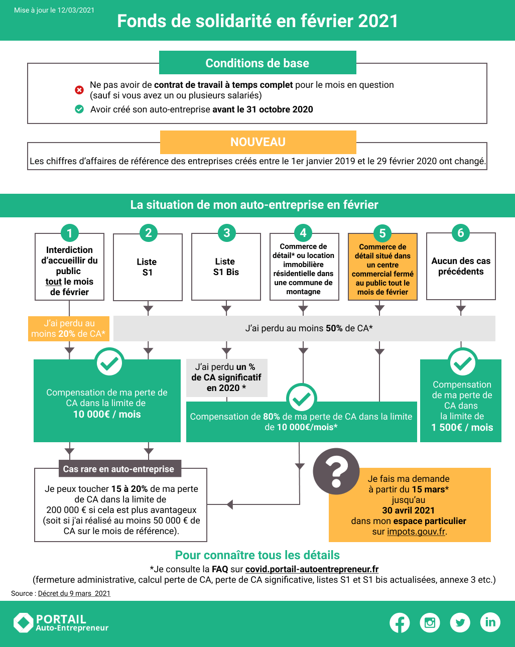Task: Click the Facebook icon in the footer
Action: tap(400, 622)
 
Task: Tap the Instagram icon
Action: tap(430, 622)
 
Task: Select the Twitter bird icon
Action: tap(460, 622)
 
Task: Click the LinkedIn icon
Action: tap(490, 622)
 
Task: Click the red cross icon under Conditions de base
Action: tap(79, 90)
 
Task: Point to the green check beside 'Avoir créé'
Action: tap(79, 109)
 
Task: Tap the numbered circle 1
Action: tap(70, 233)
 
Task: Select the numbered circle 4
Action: tap(303, 233)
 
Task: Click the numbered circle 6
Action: tap(461, 233)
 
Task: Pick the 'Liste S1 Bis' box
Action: tap(226, 267)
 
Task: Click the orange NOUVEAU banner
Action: tap(258, 142)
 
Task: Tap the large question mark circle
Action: tap(336, 471)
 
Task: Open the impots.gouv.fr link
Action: tap(416, 532)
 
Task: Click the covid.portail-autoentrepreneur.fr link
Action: tap(312, 569)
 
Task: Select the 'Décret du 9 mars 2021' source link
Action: tap(74, 593)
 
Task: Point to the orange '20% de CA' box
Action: tap(69, 329)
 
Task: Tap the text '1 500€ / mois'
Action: tap(462, 427)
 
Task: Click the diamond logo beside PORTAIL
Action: tap(23, 622)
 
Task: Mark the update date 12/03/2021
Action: tap(76, 10)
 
